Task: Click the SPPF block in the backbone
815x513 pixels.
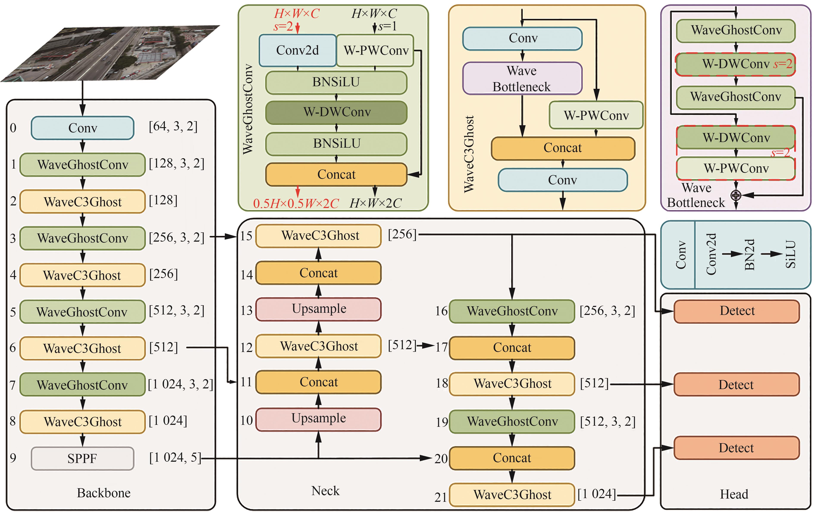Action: [82, 458]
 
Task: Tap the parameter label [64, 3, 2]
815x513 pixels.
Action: [173, 127]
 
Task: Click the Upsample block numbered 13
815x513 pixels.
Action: [318, 309]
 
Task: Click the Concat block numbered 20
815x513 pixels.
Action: [512, 458]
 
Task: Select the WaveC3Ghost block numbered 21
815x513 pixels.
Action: [512, 495]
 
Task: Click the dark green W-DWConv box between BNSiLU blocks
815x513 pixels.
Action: [336, 112]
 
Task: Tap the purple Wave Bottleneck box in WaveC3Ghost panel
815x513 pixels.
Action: [522, 78]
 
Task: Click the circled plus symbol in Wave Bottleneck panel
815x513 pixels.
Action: [736, 195]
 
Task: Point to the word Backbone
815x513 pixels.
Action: [103, 493]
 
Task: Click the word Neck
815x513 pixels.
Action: [325, 491]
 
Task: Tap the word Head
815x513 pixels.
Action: [734, 494]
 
